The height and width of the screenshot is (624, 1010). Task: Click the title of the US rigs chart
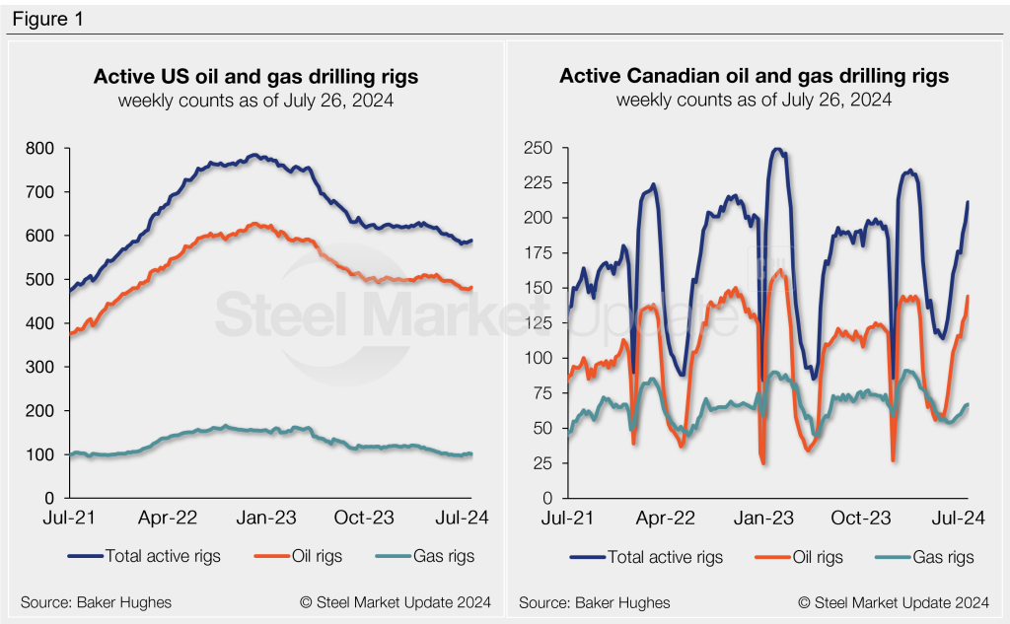click(255, 76)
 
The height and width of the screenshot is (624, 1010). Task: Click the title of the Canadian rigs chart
click(754, 76)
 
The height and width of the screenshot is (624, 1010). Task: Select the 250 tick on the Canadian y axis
click(543, 149)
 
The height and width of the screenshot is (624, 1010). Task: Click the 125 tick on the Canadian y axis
click(543, 323)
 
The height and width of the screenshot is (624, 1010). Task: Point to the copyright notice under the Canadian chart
click(894, 601)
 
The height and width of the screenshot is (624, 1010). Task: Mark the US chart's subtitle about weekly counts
click(255, 100)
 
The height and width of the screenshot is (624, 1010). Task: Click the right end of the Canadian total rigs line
click(968, 202)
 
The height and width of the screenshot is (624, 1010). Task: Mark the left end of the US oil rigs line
click(69, 335)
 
